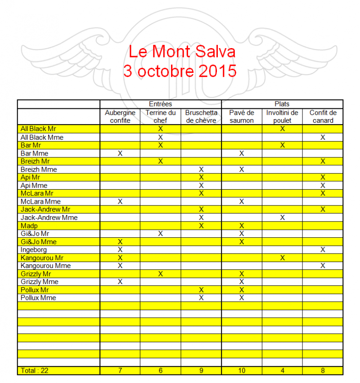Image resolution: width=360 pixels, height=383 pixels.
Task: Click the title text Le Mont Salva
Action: [x=182, y=52]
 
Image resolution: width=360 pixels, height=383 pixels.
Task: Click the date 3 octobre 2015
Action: [x=180, y=71]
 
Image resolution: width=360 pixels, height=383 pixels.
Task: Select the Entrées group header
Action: [x=160, y=104]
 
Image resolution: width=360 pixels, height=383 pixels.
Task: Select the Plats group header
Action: [x=282, y=104]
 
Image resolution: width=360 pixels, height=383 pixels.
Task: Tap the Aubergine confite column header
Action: [x=120, y=116]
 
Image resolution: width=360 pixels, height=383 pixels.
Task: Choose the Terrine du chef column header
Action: [x=160, y=116]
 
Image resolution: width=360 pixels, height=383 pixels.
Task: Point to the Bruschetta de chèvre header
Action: [x=201, y=116]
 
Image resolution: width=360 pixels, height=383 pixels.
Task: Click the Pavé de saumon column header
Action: [x=242, y=116]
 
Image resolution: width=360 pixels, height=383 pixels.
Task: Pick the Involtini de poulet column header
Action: [x=282, y=116]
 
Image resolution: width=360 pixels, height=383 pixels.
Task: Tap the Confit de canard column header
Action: [x=323, y=116]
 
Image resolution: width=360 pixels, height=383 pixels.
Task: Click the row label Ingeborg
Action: [x=34, y=249]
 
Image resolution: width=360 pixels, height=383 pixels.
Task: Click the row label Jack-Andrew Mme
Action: [x=43, y=218]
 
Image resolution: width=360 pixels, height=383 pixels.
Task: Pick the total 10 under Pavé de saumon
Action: [x=242, y=370]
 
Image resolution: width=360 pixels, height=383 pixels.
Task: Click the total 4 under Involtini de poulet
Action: [x=282, y=370]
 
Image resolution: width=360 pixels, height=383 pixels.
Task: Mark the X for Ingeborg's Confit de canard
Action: [x=323, y=249]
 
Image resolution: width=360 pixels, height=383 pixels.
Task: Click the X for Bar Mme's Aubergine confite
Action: [x=120, y=153]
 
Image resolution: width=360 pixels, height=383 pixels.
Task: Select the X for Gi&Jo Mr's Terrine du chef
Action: [x=160, y=233]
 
